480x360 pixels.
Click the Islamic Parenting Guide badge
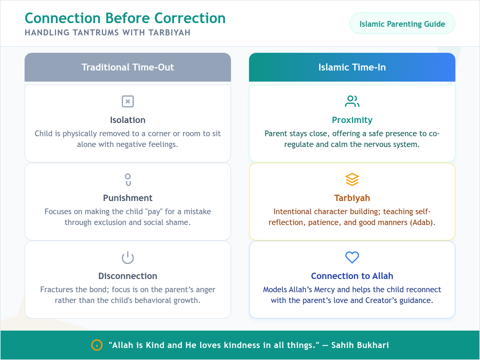tap(402, 24)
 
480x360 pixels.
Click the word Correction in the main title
tap(190, 18)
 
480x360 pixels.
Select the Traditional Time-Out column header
tap(127, 67)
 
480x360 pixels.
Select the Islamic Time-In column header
tap(352, 67)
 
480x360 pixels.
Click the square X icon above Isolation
tap(127, 101)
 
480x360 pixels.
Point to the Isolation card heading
tap(127, 120)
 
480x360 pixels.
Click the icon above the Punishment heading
tap(128, 179)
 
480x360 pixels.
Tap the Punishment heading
tap(127, 198)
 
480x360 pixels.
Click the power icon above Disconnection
tap(127, 257)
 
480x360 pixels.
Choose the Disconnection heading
tap(127, 276)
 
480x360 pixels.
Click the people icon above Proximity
tap(352, 101)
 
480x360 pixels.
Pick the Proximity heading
tap(352, 120)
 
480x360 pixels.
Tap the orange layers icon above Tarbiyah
tap(352, 179)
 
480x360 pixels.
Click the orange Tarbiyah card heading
tap(352, 198)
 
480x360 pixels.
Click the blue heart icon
tap(352, 257)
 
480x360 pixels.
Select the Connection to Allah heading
tap(352, 276)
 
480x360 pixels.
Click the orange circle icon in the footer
tap(97, 345)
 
